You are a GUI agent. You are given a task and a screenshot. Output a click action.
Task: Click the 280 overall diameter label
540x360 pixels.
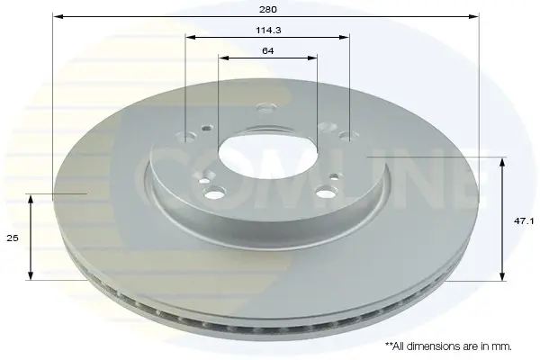(x=267, y=9)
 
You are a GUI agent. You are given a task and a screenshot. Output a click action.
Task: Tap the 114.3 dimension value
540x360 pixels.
(x=268, y=31)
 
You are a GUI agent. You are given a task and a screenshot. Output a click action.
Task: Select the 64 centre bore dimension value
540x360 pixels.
(x=268, y=51)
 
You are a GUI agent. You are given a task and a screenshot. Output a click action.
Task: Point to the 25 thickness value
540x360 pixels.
(x=13, y=238)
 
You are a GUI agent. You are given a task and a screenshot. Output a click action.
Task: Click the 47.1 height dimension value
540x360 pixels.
(x=524, y=221)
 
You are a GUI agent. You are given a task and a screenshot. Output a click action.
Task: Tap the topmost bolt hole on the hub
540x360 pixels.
(x=266, y=108)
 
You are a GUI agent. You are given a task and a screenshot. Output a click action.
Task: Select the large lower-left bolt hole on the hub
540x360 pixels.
(x=214, y=193)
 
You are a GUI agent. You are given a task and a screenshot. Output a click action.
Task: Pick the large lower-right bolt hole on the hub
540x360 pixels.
(x=326, y=192)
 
